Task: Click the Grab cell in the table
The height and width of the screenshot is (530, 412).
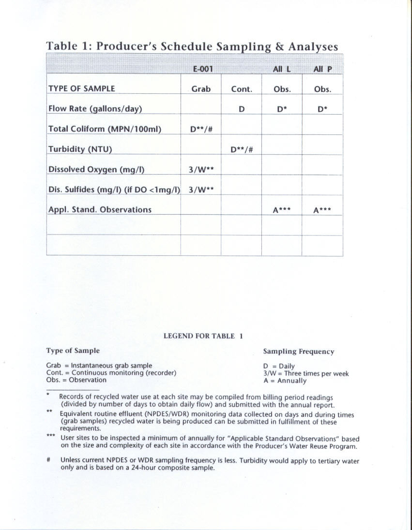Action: click(x=201, y=89)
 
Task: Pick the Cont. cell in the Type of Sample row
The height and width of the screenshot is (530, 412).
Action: click(x=241, y=89)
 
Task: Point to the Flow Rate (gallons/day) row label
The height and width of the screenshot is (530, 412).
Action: click(x=95, y=109)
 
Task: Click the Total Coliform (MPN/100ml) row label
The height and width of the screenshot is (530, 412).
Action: click(x=104, y=129)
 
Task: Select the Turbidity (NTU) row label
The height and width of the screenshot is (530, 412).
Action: click(x=80, y=149)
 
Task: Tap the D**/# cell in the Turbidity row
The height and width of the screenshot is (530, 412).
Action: click(x=241, y=149)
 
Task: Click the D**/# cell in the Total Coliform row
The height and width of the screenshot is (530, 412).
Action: click(x=201, y=129)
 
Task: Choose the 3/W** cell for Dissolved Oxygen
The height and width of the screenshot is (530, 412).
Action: click(x=201, y=170)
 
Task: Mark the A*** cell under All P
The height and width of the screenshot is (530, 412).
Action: click(x=322, y=210)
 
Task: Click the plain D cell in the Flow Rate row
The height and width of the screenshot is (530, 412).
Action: click(x=241, y=109)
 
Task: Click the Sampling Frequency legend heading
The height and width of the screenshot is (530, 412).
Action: click(x=298, y=352)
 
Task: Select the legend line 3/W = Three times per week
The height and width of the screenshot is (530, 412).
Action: click(x=305, y=373)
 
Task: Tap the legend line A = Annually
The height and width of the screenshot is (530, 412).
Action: click(x=285, y=381)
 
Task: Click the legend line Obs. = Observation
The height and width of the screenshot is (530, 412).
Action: click(x=76, y=380)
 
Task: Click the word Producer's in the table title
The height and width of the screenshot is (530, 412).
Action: click(x=127, y=46)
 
